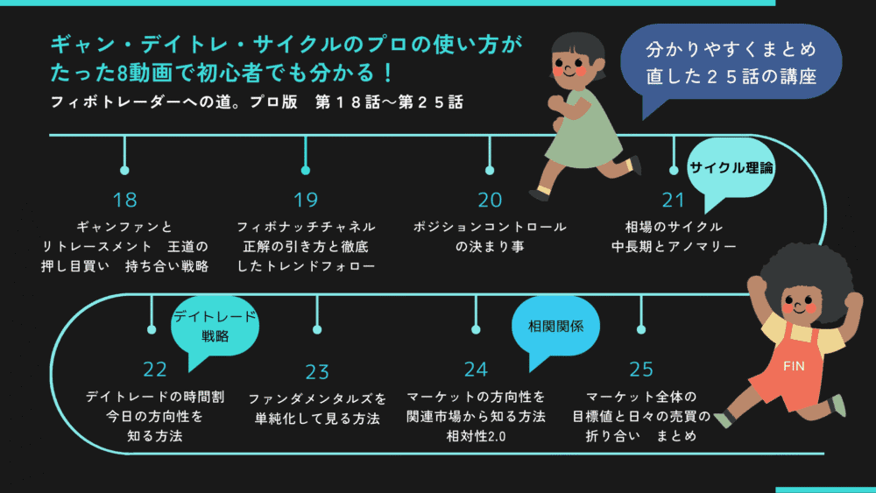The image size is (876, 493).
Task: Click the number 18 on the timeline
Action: (x=125, y=200)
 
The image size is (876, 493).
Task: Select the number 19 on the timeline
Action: (x=306, y=200)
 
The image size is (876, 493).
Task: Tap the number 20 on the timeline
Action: (x=490, y=200)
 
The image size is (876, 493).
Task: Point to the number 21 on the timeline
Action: (x=674, y=200)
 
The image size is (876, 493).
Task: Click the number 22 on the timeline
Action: (x=154, y=370)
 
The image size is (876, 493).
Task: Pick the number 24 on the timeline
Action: (x=477, y=370)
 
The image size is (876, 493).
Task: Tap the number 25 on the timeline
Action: (x=641, y=370)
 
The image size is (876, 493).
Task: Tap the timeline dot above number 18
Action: (x=124, y=170)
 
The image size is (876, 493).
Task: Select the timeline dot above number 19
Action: (x=306, y=170)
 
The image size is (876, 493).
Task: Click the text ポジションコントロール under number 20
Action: (x=490, y=227)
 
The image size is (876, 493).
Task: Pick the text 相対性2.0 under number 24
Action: (x=477, y=435)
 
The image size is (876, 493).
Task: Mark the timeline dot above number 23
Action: (x=316, y=330)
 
